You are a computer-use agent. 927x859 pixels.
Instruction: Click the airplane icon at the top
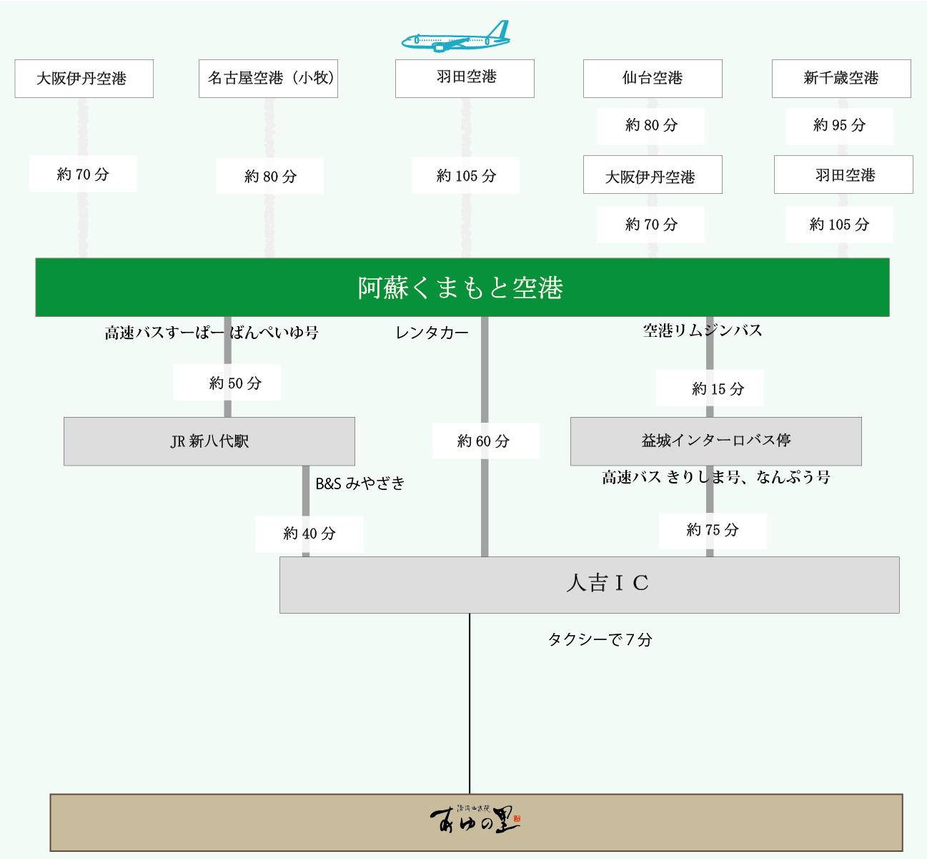click(x=456, y=37)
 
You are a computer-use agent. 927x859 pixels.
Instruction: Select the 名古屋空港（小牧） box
click(x=268, y=79)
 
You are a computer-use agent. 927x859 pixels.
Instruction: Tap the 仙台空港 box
click(x=653, y=79)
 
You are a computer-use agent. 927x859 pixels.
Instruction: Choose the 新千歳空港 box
click(x=841, y=79)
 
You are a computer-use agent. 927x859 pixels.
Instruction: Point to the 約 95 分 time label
click(x=839, y=126)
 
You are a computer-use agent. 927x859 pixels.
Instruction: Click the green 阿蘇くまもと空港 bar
click(x=462, y=288)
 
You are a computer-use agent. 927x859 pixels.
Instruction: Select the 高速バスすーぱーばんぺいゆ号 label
click(x=212, y=333)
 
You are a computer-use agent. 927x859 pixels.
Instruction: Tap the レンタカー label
click(x=432, y=333)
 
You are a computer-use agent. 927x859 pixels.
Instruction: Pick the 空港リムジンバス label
click(x=703, y=330)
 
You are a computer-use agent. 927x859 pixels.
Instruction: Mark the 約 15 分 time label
click(x=718, y=389)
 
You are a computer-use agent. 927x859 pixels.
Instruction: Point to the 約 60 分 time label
click(x=484, y=441)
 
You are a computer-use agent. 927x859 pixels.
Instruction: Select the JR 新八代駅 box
click(x=209, y=441)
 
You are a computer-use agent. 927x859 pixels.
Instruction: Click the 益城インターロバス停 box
click(x=715, y=441)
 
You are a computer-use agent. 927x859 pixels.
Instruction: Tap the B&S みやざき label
click(x=360, y=484)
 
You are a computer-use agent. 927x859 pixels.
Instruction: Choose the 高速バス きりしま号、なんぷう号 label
click(x=715, y=478)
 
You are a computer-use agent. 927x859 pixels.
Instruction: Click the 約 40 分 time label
click(x=309, y=534)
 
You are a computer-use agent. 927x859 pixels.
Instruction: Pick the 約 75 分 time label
click(x=712, y=530)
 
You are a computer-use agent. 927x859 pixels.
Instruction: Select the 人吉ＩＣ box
click(x=589, y=584)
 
